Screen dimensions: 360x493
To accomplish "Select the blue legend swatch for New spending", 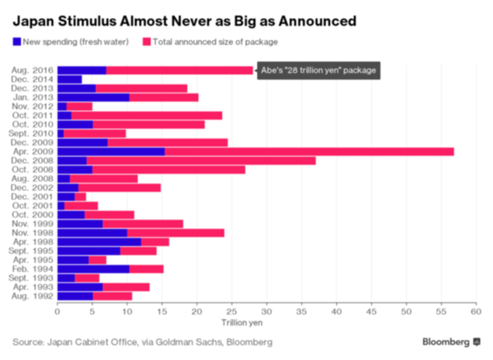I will point(18,42).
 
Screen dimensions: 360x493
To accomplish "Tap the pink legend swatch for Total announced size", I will point(146,42).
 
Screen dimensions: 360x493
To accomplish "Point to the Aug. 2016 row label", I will point(32,71).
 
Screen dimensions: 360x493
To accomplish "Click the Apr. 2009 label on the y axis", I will point(33,151).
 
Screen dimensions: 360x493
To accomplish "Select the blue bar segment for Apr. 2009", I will point(111,151).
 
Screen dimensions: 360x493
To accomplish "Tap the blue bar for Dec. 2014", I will point(69,79).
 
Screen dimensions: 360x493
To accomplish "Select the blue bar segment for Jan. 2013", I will point(93,97).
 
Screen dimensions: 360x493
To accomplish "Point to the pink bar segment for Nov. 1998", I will point(175,232).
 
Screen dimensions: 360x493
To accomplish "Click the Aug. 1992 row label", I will point(32,296).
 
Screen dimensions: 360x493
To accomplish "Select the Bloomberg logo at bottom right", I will point(450,341).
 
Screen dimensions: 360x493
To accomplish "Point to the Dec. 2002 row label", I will point(33,187).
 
